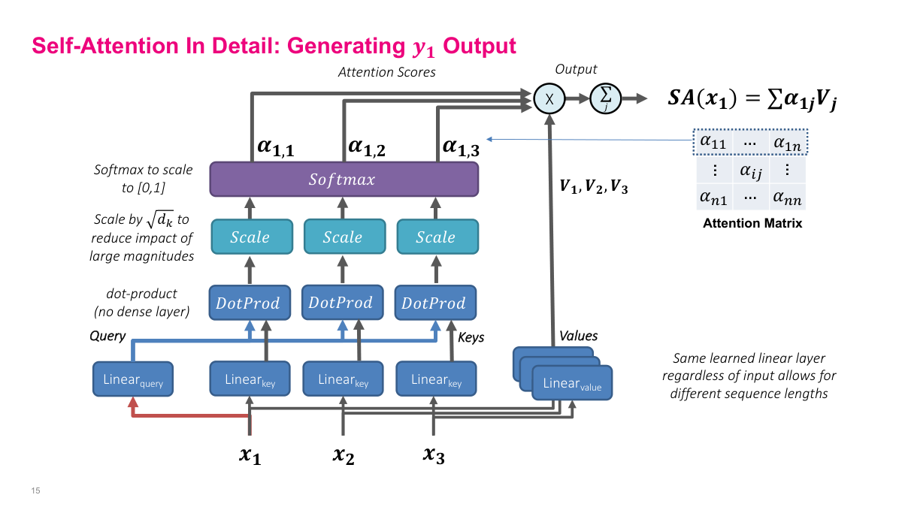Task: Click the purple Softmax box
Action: click(x=344, y=180)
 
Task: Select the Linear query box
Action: click(x=133, y=380)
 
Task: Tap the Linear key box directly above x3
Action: click(x=436, y=379)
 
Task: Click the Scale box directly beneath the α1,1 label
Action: click(x=250, y=237)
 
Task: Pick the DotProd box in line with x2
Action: click(x=341, y=303)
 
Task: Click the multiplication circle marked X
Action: click(x=549, y=98)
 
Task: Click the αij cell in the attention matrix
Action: click(x=751, y=171)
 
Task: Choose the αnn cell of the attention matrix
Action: click(x=786, y=198)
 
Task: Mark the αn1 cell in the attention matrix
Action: click(x=713, y=198)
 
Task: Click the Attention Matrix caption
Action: click(x=752, y=223)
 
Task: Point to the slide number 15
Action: click(x=35, y=491)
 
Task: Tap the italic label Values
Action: click(x=578, y=336)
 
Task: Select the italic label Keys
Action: click(x=471, y=337)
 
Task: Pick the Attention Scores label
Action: click(x=386, y=72)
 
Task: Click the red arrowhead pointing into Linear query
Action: click(x=133, y=403)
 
